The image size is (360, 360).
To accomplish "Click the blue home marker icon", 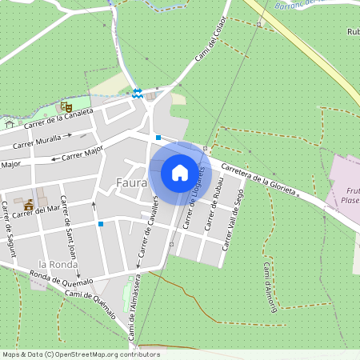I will pos(180,173).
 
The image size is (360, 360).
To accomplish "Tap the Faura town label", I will pos(130,182).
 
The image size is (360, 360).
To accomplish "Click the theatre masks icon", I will pos(66,106).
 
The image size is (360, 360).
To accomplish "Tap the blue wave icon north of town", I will pos(138,94).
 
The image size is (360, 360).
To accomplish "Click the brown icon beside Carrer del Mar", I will pos(29,205).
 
